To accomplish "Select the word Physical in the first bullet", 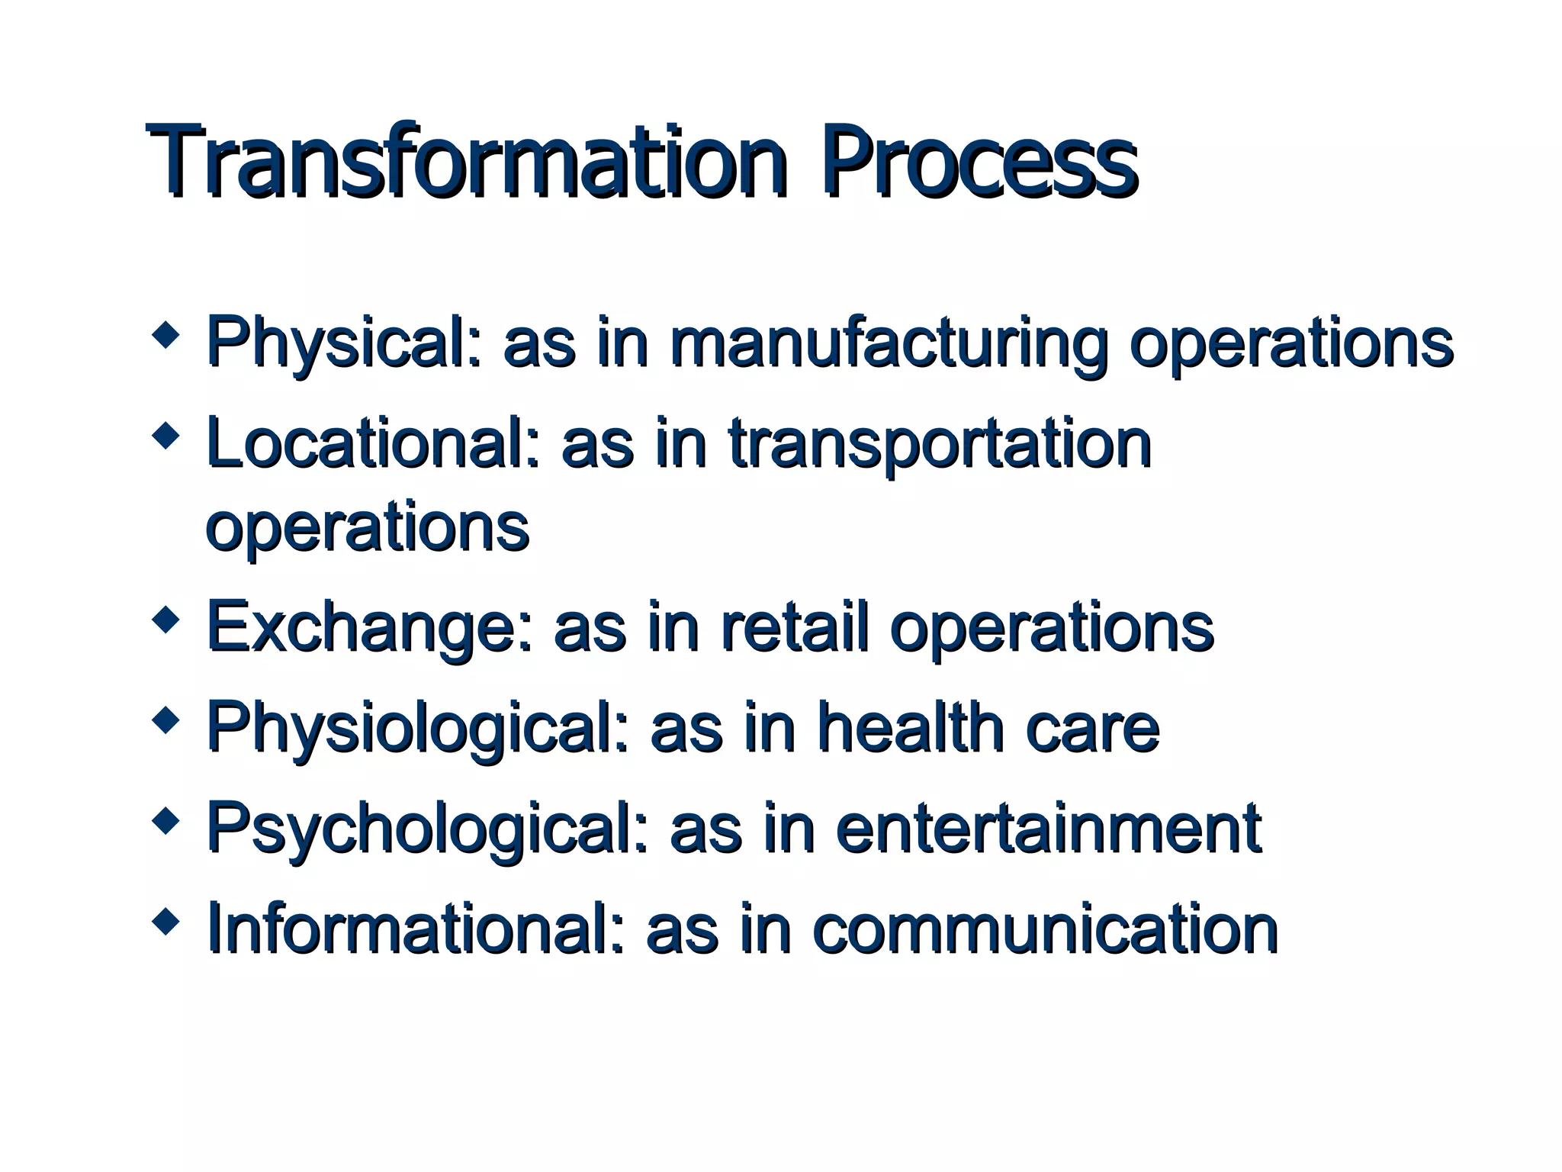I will point(343,343).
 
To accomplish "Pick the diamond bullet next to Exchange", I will point(166,619).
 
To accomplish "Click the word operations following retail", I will point(1052,627).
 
